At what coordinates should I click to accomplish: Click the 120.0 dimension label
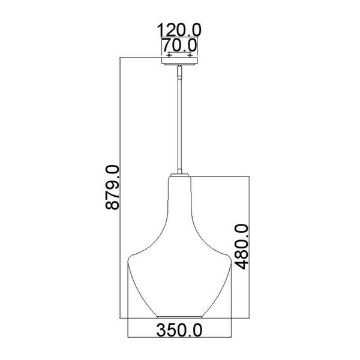coord(179,28)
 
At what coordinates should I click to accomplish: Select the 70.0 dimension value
coord(179,44)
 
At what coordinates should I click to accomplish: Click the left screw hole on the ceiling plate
coord(169,56)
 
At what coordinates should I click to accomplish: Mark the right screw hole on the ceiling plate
coord(190,56)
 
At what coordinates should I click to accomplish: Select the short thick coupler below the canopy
coord(179,73)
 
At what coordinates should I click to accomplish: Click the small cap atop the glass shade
coord(179,175)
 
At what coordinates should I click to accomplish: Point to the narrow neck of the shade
coord(179,198)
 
